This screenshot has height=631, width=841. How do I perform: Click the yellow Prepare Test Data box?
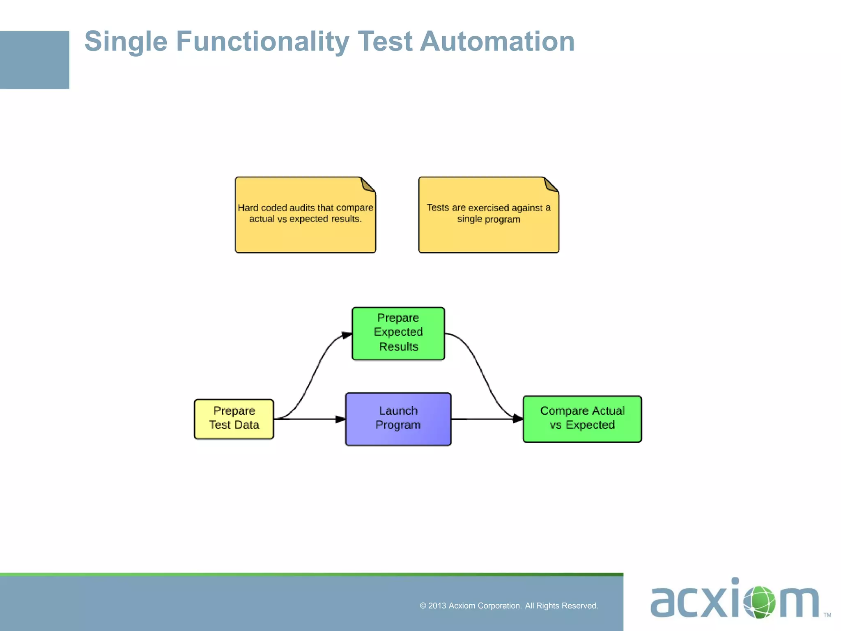coord(234,419)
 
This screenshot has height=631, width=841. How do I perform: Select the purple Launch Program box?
coord(398,419)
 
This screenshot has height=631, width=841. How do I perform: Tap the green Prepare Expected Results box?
coord(398,333)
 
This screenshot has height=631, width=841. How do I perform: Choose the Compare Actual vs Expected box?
coord(582,419)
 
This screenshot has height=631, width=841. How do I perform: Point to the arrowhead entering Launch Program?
coord(340,419)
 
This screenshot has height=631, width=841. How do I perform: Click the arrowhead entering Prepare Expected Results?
coord(347,335)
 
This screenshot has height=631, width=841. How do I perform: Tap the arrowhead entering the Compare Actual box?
coord(518,419)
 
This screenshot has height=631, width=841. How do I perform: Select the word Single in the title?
coord(126,41)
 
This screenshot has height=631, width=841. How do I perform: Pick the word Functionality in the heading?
coord(262,41)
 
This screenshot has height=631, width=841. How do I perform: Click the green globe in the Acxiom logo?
coord(759,602)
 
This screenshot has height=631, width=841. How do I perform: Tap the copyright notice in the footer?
coord(509,606)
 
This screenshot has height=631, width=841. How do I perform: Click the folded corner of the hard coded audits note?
coord(368,184)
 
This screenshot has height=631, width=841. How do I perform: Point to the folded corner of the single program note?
coord(551,184)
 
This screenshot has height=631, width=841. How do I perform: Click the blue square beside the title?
coord(34,60)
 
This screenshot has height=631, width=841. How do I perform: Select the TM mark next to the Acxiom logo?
coord(827,615)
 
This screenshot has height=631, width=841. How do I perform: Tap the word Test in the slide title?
coord(385,41)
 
